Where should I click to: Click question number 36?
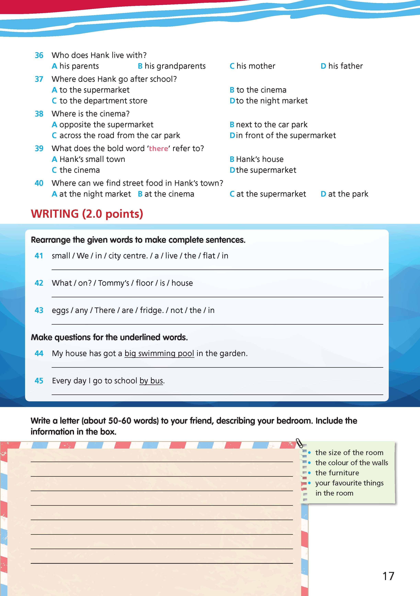[x=39, y=55]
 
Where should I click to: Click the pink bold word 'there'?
[x=158, y=148]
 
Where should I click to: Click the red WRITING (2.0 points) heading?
[x=87, y=214]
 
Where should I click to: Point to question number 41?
[x=39, y=256]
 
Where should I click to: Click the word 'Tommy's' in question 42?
[x=113, y=283]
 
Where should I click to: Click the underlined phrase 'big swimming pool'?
[x=159, y=354]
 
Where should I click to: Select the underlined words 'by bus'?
[x=151, y=381]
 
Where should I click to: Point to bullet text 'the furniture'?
[x=337, y=473]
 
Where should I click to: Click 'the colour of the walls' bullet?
[x=351, y=463]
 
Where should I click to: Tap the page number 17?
[x=388, y=576]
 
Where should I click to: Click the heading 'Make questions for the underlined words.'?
[x=109, y=337]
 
